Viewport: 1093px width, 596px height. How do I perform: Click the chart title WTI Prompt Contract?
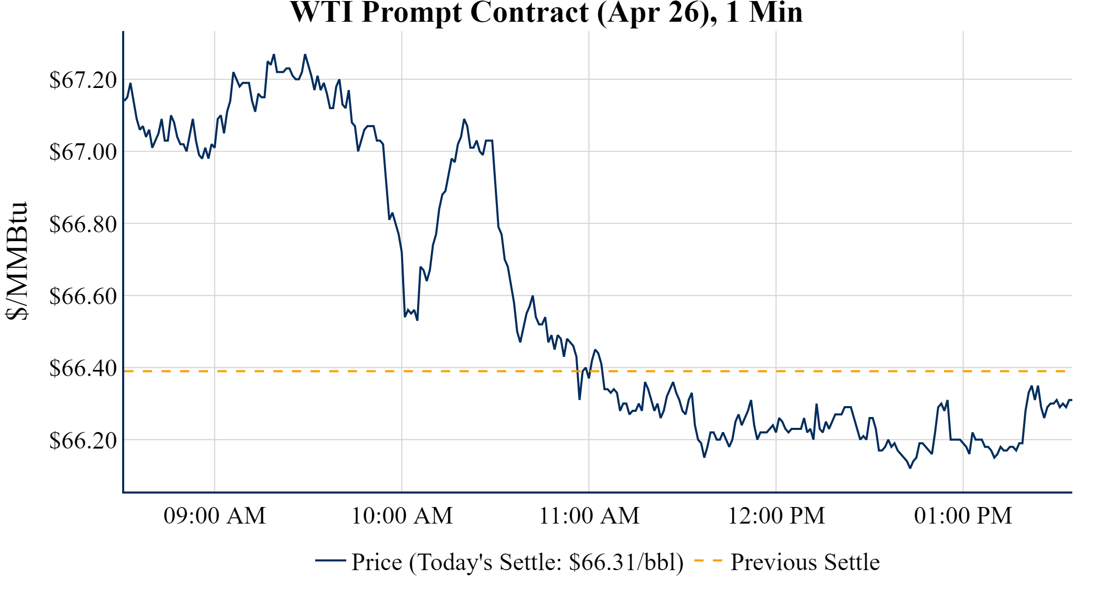pos(546,12)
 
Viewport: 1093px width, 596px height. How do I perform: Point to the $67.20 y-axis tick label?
pos(83,80)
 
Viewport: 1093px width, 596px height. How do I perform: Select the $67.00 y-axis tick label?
pos(83,152)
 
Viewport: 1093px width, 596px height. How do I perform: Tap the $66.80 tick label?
pos(83,224)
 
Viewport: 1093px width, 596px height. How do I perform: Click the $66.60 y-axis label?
pos(83,296)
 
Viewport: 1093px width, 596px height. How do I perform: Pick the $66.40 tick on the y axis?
pos(83,368)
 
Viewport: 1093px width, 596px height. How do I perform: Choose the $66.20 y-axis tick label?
pos(83,440)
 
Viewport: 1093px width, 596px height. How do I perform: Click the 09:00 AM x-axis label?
pos(214,516)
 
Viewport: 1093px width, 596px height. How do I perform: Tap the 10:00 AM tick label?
pos(402,516)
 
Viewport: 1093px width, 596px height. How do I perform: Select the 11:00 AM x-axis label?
pos(589,516)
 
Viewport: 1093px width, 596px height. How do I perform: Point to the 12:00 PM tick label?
pos(776,516)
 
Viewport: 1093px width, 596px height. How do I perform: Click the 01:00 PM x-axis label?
pos(963,516)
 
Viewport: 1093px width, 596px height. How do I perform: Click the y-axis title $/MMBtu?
pos(17,261)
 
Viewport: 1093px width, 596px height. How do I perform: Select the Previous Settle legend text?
pos(805,562)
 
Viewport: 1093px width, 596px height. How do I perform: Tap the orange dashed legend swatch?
pos(708,561)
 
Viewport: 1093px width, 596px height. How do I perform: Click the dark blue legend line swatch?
pos(330,561)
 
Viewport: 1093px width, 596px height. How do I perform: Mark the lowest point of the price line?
pos(910,468)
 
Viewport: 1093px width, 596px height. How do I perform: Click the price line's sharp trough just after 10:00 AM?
pos(417,320)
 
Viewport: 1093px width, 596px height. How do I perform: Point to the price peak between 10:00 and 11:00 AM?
pos(464,120)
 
